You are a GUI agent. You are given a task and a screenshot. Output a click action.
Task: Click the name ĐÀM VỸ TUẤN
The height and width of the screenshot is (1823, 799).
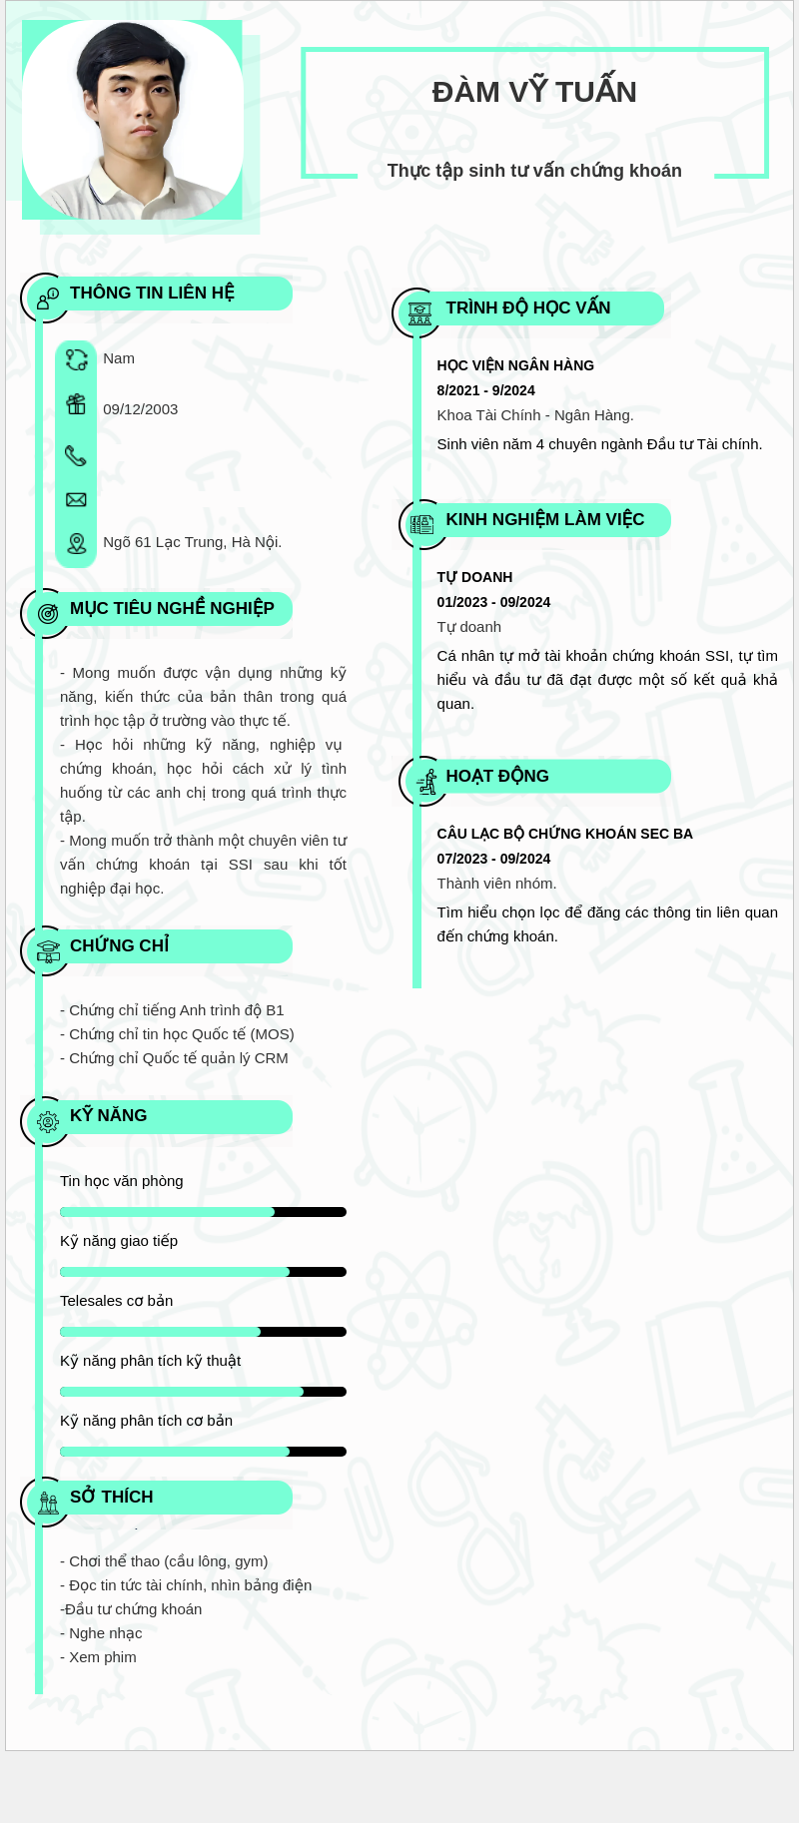(534, 92)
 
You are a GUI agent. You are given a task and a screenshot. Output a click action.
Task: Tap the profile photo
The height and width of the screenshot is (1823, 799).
(132, 120)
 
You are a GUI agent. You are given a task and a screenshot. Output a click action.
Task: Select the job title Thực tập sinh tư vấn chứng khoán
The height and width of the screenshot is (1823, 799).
(534, 171)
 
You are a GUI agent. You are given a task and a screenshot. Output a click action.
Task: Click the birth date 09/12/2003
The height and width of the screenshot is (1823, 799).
(140, 409)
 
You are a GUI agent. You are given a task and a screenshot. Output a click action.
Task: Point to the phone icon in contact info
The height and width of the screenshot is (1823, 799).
(76, 456)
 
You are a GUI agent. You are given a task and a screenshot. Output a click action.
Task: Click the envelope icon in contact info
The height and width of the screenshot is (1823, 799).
(76, 500)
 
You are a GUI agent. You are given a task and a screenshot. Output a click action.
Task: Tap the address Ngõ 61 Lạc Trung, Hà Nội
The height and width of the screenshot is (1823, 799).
(192, 542)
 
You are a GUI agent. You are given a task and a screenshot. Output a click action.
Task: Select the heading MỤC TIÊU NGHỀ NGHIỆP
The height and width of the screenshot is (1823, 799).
(172, 608)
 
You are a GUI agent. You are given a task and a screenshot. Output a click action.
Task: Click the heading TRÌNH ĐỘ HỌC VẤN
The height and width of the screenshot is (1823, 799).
(527, 307)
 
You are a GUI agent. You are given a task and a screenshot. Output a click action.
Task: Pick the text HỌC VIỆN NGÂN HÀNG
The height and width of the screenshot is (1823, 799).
(515, 365)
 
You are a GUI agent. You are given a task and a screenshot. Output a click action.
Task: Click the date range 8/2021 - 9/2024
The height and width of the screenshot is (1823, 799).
(485, 390)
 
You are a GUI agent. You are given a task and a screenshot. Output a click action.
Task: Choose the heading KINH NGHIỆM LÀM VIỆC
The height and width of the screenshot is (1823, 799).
(544, 519)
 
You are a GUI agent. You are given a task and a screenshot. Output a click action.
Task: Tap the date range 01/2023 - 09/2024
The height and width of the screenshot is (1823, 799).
(493, 602)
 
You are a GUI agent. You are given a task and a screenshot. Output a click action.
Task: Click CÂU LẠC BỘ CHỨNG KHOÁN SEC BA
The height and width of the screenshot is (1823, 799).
(564, 834)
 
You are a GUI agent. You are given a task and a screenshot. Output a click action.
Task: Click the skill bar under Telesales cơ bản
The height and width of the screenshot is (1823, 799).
(203, 1332)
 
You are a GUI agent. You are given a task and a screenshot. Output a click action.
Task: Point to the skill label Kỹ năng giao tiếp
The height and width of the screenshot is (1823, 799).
(119, 1241)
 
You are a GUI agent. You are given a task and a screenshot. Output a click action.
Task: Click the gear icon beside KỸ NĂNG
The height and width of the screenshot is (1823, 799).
(47, 1122)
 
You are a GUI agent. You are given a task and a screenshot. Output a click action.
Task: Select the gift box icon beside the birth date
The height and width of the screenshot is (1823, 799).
(76, 404)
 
